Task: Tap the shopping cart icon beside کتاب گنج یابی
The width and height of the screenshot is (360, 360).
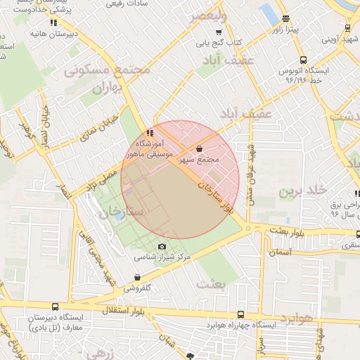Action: pos(219,32)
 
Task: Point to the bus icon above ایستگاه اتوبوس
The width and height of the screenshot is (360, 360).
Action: pos(302,60)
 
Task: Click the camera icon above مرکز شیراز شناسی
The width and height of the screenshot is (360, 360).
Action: pos(162,247)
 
